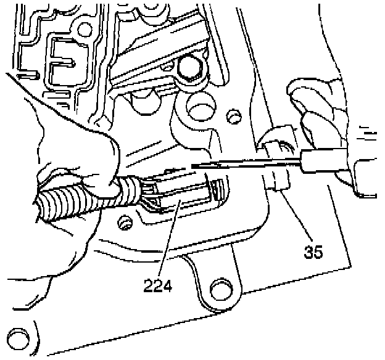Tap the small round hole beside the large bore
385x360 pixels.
(232, 116)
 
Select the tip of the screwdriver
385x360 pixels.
(192, 166)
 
